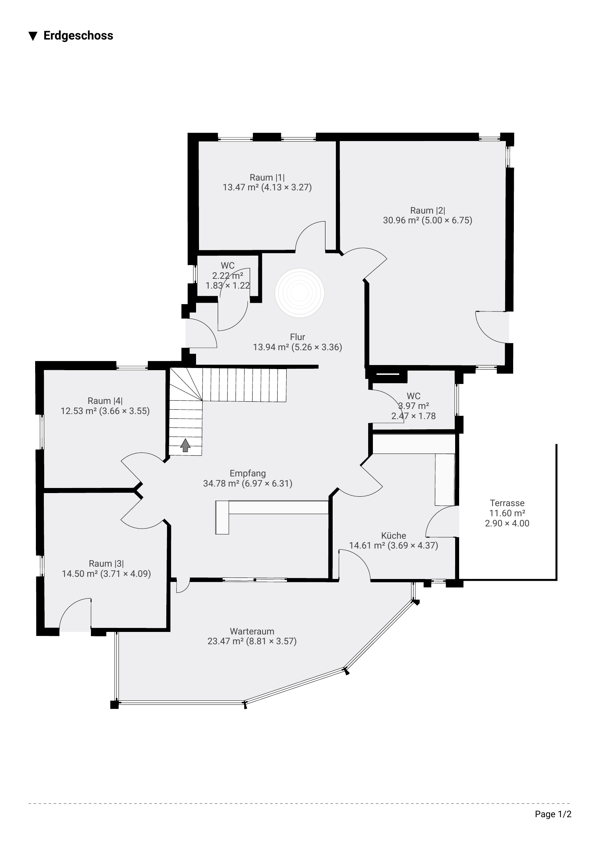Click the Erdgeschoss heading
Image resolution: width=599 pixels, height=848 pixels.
coord(78,36)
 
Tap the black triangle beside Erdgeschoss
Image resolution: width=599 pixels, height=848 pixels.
coord(33,36)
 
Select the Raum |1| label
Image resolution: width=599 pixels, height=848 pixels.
coord(267,177)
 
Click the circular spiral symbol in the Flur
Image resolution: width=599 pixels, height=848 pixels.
coord(299,293)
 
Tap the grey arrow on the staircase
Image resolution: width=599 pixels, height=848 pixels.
coord(185,445)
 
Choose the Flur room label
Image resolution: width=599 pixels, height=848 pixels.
coord(298,337)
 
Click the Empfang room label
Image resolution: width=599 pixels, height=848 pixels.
coord(247,473)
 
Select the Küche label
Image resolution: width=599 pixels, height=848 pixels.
coord(394,535)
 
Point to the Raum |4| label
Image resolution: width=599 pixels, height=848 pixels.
coord(105,401)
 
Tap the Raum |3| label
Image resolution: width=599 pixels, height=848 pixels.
coord(106,564)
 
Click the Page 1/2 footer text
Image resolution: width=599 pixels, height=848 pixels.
coord(553,814)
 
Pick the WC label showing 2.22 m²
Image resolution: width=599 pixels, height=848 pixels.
coord(228,265)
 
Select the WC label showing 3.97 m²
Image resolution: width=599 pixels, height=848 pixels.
coord(414,396)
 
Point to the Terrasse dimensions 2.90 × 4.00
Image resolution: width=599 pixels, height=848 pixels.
coord(507,523)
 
